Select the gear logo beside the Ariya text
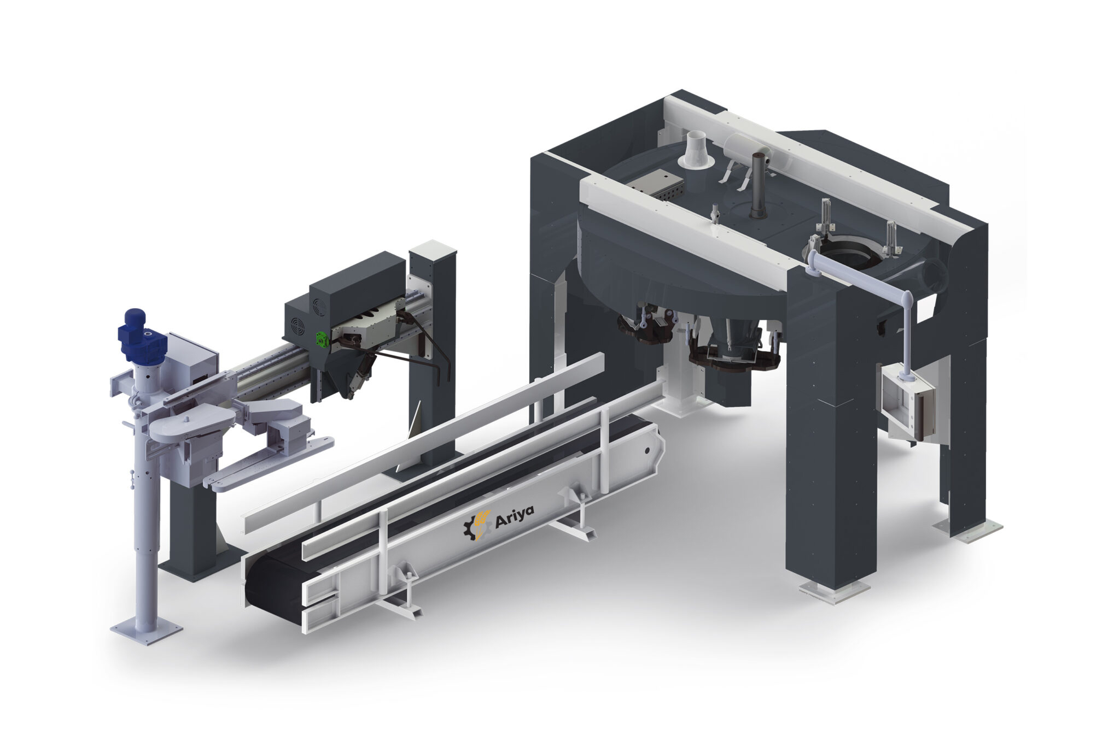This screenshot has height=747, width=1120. point(475,525)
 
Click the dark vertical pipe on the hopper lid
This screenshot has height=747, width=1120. point(757,185)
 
